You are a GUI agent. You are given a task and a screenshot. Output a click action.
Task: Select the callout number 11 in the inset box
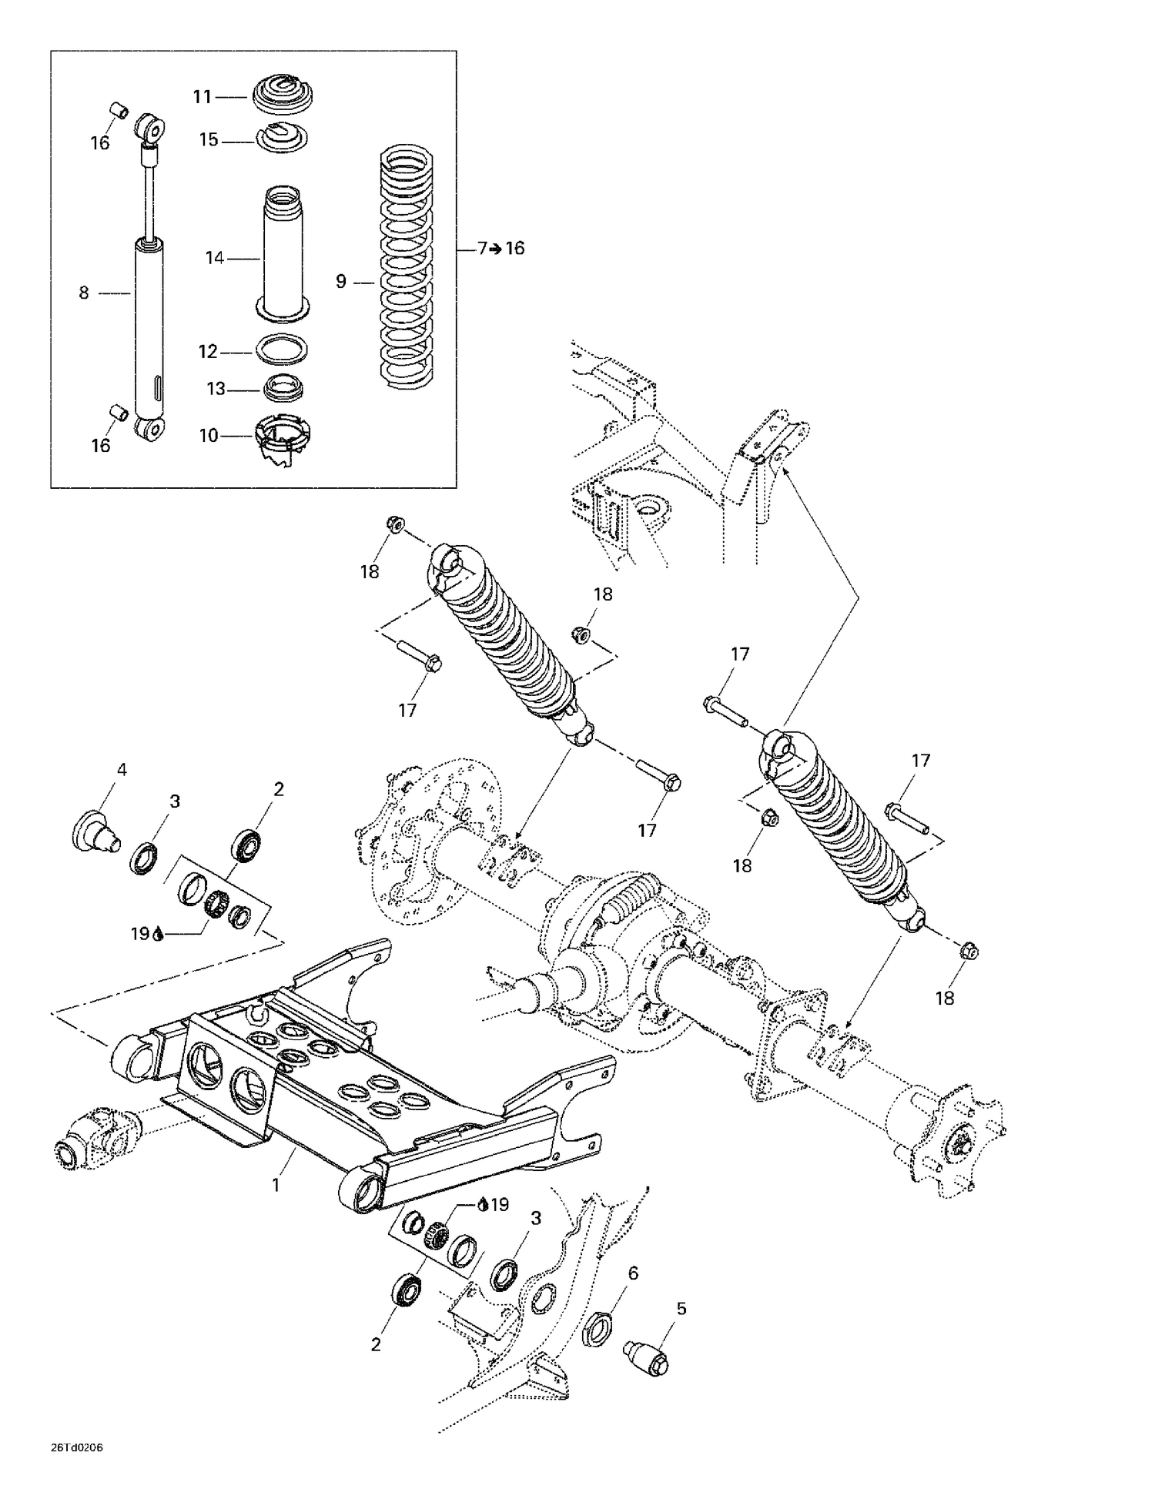tap(202, 97)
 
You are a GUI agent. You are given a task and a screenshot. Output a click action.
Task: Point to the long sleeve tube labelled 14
tap(283, 254)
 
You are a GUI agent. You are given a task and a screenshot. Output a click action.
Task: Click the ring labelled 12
tap(282, 349)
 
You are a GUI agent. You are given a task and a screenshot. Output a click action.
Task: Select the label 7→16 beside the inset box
tap(500, 248)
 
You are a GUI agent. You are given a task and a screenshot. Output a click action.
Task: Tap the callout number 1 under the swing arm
tap(276, 1185)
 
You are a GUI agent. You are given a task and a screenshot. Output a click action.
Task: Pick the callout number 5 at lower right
tap(681, 1308)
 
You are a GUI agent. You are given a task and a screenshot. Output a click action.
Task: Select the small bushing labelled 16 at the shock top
tap(118, 110)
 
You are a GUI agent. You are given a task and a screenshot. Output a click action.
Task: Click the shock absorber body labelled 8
tap(149, 331)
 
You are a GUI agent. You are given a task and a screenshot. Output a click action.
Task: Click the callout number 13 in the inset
tap(216, 390)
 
